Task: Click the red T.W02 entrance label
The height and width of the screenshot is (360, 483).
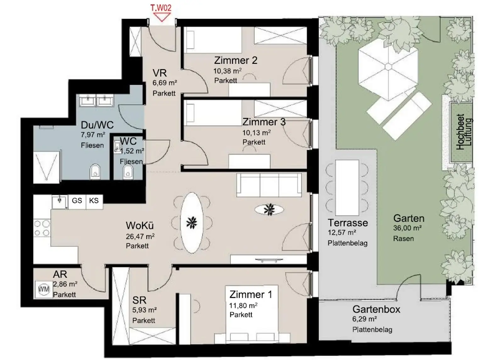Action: tap(161, 8)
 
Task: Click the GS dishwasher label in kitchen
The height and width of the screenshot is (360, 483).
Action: tap(77, 200)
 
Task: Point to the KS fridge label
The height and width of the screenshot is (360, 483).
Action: tap(94, 200)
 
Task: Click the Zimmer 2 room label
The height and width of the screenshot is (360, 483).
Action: tap(236, 60)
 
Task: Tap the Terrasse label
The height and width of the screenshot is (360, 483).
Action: tap(348, 223)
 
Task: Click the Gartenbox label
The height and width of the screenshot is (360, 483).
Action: tap(376, 309)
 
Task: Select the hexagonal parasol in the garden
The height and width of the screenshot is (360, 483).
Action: tap(388, 66)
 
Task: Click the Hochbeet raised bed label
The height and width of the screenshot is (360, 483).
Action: tap(460, 132)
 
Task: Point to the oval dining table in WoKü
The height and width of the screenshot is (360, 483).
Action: tap(192, 223)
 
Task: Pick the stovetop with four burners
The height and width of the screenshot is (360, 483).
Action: tap(42, 228)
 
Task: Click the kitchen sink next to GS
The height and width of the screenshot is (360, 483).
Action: tap(60, 202)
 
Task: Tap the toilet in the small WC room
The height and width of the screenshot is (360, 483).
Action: tap(128, 172)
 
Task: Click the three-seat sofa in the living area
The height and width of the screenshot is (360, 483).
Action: tap(269, 185)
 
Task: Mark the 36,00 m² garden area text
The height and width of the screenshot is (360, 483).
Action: tap(408, 228)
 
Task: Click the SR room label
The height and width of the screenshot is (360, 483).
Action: tap(139, 300)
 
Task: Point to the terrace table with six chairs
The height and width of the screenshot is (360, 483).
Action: tap(347, 188)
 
